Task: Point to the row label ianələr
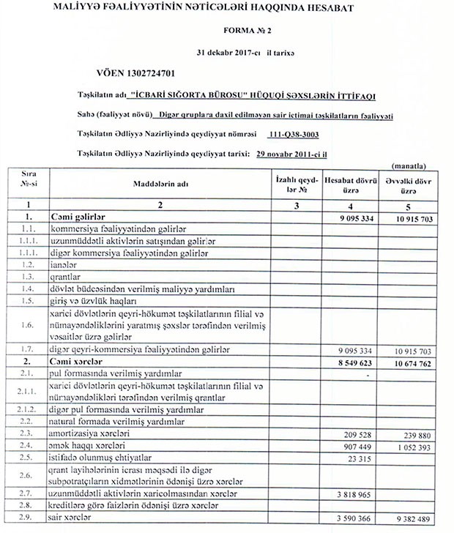coord(64,264)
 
